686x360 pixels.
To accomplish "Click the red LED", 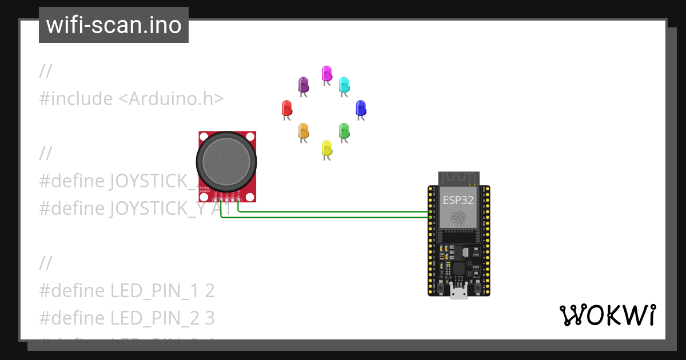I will click(287, 108).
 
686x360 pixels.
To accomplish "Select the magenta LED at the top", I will click(326, 73).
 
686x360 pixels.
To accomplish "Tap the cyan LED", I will click(344, 85).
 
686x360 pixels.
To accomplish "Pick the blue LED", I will click(360, 108).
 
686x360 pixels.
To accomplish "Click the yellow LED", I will click(326, 149).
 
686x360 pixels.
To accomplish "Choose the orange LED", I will click(303, 131).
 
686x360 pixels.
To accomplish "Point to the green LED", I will click(344, 131).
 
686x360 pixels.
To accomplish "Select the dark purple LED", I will click(304, 85).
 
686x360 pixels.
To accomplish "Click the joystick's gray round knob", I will click(227, 162).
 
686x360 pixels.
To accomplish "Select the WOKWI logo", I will click(607, 315).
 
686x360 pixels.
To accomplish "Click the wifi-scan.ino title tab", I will click(114, 25).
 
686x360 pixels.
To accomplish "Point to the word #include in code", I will click(76, 99).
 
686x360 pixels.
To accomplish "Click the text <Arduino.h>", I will click(170, 99).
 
